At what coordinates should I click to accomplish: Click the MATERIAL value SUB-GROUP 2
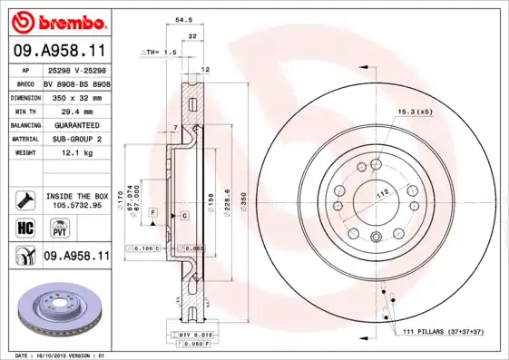tap(75, 140)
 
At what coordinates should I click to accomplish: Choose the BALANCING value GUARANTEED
tap(75, 125)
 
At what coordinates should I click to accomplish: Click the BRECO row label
tap(24, 83)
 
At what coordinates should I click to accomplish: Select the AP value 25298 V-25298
tap(75, 69)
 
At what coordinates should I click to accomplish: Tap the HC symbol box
tap(24, 227)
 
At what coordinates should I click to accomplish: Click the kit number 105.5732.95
tap(75, 205)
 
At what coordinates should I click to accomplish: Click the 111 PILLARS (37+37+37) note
tap(447, 332)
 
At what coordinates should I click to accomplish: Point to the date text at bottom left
tap(55, 355)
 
